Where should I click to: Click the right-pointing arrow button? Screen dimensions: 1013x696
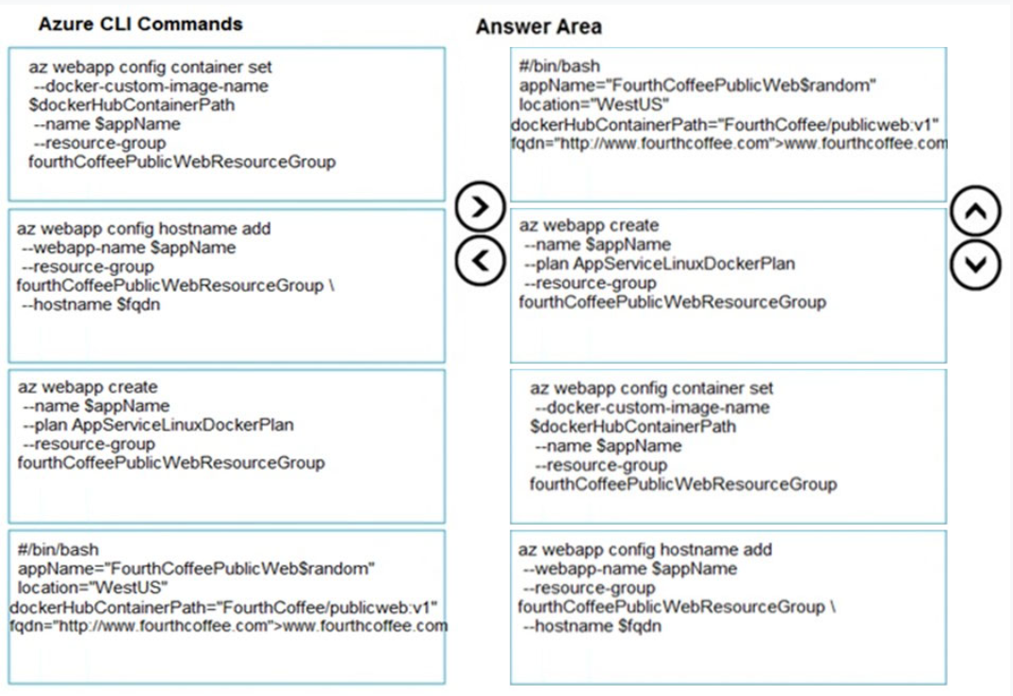[480, 206]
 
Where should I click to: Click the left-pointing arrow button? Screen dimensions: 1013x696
[480, 260]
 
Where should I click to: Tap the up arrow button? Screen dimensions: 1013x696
[975, 210]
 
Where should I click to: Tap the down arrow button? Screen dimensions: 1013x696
[975, 265]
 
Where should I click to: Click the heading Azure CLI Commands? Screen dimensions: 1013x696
[140, 24]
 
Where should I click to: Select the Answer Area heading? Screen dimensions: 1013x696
[539, 26]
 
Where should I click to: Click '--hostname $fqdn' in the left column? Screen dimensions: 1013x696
[91, 305]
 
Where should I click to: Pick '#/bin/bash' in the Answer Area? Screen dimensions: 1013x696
[560, 66]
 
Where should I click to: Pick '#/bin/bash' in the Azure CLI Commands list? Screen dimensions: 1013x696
[58, 549]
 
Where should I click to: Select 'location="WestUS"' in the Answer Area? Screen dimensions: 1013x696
[594, 105]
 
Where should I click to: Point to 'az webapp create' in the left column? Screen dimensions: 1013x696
[88, 387]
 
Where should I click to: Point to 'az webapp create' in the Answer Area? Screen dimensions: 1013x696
[589, 225]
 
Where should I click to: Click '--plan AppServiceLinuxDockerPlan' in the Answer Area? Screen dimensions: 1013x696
[660, 264]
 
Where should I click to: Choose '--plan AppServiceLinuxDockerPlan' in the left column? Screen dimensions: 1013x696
[158, 425]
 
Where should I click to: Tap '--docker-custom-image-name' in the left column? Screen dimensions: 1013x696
[151, 86]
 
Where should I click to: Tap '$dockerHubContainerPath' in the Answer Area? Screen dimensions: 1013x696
[633, 427]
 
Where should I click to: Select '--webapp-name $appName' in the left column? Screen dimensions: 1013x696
[129, 248]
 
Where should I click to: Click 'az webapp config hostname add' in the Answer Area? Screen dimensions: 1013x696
[645, 549]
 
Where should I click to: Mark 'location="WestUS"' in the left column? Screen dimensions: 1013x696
[92, 588]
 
